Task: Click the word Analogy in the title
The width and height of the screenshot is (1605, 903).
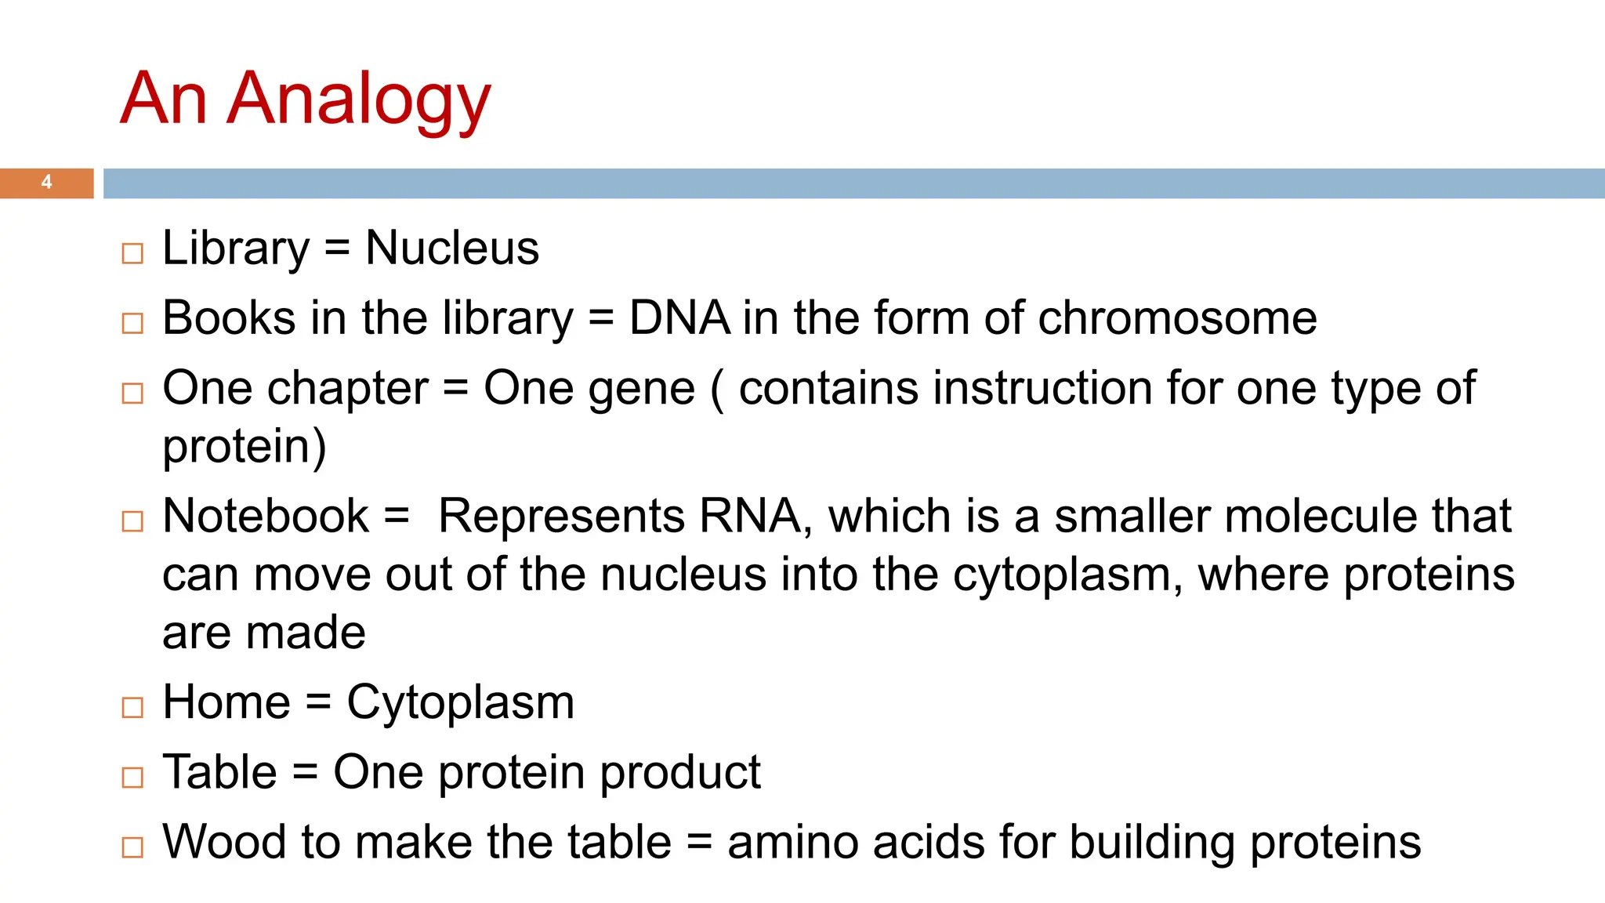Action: (358, 100)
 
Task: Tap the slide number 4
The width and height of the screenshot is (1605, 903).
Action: (47, 183)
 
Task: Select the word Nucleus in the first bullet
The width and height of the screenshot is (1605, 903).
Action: (452, 248)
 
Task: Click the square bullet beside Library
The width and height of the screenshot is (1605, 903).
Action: (132, 253)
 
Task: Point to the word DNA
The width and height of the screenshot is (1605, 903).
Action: (679, 318)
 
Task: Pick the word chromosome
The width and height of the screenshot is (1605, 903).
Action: (1177, 318)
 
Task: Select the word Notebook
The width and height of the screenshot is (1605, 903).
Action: (266, 517)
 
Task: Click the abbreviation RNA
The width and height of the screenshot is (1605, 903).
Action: (750, 517)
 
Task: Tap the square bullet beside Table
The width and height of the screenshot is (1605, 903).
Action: (132, 777)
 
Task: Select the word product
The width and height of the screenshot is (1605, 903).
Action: (679, 772)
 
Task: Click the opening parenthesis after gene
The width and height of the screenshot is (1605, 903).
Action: (716, 390)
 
